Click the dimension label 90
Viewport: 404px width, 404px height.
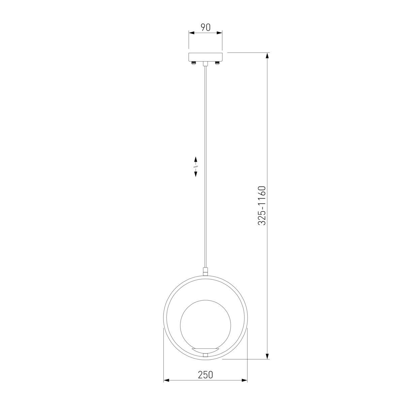pos(205,28)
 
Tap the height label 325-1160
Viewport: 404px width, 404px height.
pos(262,205)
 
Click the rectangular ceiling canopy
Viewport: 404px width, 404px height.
pos(205,57)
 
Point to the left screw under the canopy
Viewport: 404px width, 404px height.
pos(194,63)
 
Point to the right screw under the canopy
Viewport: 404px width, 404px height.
pos(217,63)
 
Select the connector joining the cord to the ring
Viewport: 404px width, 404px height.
pos(205,271)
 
